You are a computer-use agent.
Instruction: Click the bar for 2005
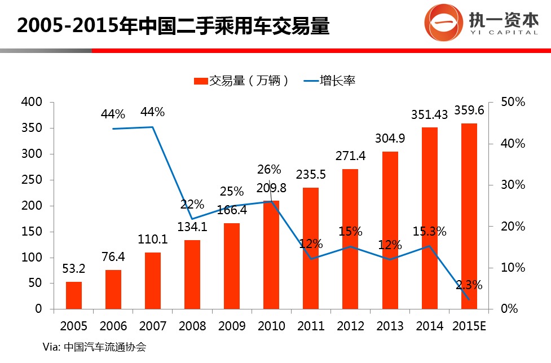tap(74, 295)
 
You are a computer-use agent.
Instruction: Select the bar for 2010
tap(271, 255)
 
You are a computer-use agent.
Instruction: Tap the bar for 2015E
tap(469, 216)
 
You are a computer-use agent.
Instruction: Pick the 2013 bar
tap(390, 231)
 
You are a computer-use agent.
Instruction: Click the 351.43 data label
tap(429, 115)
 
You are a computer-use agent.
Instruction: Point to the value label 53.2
tap(73, 269)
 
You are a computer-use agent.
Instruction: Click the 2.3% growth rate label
tap(470, 285)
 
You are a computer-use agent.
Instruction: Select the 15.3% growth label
tap(430, 231)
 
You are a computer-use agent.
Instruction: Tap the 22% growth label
tap(192, 205)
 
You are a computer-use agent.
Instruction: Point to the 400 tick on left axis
tap(32, 102)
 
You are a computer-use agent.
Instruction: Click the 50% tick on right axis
tap(514, 102)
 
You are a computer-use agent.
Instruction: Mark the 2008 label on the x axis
tap(192, 326)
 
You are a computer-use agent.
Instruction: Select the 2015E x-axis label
tap(469, 326)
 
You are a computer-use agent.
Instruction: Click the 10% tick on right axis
tap(514, 268)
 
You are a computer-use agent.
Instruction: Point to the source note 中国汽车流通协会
tap(105, 347)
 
